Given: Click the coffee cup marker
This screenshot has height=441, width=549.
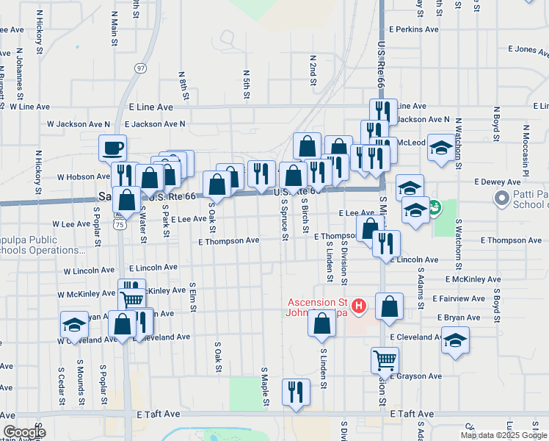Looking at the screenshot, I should (113, 148).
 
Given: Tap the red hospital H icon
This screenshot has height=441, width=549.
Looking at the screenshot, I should (359, 306).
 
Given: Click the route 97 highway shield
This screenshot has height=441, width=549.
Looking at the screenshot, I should (140, 68).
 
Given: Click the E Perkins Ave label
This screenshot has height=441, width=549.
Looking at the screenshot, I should (414, 29).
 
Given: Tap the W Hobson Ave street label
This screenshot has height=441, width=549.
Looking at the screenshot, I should (83, 177).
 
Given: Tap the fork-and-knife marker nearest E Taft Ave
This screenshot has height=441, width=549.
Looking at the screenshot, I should (297, 391).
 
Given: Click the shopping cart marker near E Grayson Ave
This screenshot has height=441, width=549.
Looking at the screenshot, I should (385, 360).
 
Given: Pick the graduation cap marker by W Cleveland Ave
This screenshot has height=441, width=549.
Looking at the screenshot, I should (74, 324).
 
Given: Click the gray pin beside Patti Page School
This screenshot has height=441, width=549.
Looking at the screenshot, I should (502, 198).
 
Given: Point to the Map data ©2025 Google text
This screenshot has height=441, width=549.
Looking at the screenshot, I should (502, 435).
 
